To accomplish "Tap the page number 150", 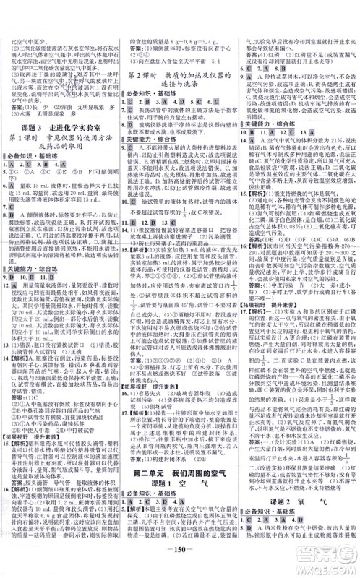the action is (x=180, y=564).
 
